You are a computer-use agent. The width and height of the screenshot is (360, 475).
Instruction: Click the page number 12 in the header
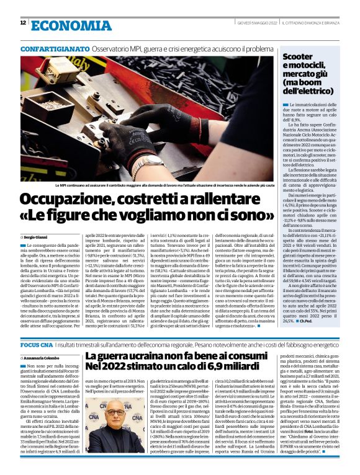(x=22, y=23)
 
